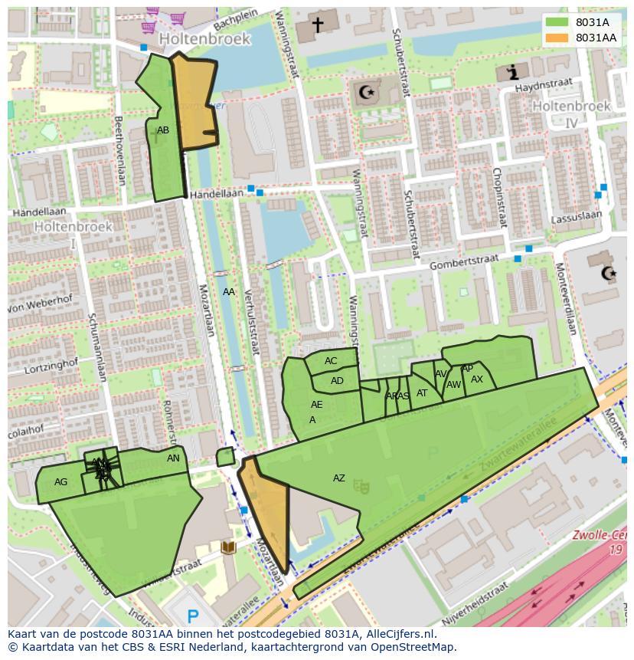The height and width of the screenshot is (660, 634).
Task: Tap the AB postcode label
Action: click(163, 130)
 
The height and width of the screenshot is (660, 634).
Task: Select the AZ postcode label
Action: click(338, 478)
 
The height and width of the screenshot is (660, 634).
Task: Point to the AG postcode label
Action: click(61, 482)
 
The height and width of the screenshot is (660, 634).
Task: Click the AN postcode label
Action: click(174, 458)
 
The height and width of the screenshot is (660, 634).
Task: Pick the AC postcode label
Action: click(331, 361)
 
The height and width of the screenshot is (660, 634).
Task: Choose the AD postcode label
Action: click(337, 381)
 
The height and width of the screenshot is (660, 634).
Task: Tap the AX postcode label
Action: click(477, 379)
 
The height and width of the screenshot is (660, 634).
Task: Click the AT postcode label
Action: click(422, 393)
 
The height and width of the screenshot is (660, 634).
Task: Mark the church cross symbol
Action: click(317, 25)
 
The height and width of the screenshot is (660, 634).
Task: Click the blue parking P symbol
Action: click(193, 615)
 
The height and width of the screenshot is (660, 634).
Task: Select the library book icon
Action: click(227, 547)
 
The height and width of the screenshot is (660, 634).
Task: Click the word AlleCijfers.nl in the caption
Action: click(398, 634)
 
